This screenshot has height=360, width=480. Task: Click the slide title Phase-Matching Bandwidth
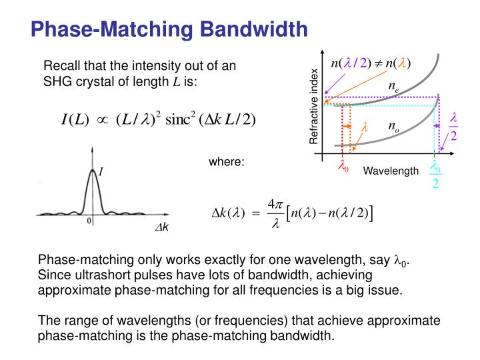170,29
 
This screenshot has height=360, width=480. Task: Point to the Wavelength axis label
391,171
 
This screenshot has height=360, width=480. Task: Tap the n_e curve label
394,86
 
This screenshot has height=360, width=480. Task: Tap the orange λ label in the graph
365,126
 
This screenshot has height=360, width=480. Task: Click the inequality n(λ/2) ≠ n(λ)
371,63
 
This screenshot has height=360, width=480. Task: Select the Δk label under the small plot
162,228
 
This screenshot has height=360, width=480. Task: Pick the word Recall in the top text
59,66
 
